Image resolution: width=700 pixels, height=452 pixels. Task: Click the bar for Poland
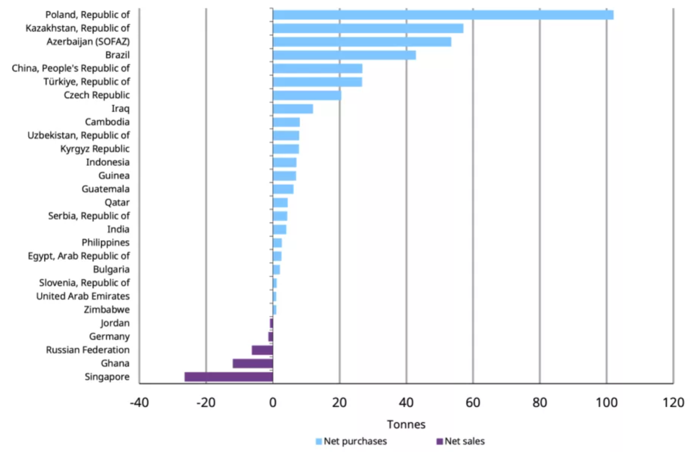tap(442, 15)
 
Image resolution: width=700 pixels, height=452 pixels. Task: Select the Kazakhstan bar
tap(368, 28)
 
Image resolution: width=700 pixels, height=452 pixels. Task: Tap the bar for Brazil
tap(344, 55)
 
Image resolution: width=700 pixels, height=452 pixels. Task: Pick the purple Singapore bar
tap(228, 377)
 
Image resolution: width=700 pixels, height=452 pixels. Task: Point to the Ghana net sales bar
tap(252, 363)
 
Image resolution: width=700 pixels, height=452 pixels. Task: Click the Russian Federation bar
tap(262, 350)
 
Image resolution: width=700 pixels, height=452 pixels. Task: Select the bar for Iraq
tap(293, 109)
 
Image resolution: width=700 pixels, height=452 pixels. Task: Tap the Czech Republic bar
tap(307, 95)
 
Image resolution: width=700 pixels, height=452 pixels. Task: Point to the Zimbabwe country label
tap(107, 309)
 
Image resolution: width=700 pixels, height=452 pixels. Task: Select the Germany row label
tap(109, 337)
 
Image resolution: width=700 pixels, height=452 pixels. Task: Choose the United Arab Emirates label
tap(83, 296)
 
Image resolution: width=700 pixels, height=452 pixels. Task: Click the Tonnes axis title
tap(406, 424)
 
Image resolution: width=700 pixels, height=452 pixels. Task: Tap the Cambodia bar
tap(286, 122)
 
